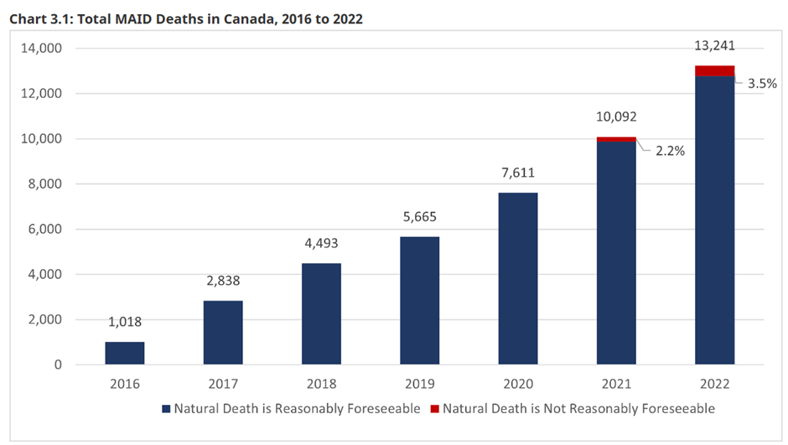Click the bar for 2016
[124, 353]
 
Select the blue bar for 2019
[419, 300]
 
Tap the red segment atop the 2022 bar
[714, 71]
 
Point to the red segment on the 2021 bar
[616, 139]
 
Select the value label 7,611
[517, 173]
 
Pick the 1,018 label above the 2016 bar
[124, 323]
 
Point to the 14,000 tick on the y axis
[40, 49]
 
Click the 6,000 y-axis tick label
[44, 230]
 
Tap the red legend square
[433, 409]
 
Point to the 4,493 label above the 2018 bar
[321, 245]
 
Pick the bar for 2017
[223, 332]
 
